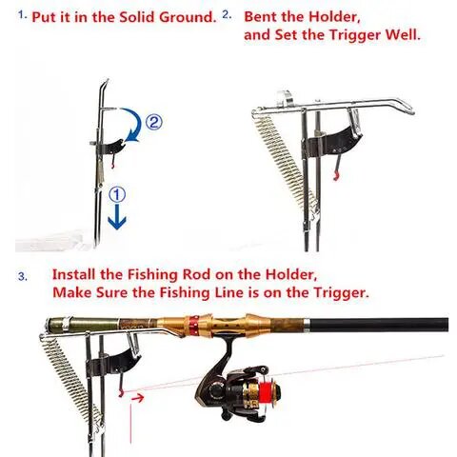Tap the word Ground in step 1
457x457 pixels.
click(x=188, y=17)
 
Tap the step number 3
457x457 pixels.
click(x=23, y=277)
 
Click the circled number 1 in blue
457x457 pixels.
click(x=117, y=194)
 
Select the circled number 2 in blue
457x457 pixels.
click(x=154, y=122)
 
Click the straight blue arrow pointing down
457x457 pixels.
click(x=117, y=217)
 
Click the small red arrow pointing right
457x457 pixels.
click(x=138, y=397)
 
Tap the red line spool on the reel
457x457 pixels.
click(x=266, y=390)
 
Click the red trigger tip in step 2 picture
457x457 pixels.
click(x=335, y=176)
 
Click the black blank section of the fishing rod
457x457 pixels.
click(x=379, y=325)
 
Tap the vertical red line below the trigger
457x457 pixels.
click(x=130, y=424)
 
